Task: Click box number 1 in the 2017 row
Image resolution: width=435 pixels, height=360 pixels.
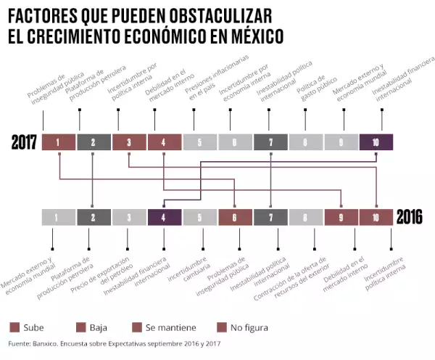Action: pos(58,142)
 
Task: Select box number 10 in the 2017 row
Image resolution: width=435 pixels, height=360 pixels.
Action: pos(376,142)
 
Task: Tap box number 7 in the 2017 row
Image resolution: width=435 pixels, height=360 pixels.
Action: pos(270,142)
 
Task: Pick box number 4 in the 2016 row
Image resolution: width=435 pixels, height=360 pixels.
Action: pos(165,216)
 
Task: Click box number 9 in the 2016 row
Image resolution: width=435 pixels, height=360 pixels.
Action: pos(341,216)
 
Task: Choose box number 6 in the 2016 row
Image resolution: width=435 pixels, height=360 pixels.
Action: pos(235,216)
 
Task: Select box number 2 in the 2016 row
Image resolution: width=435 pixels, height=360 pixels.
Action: pos(94,216)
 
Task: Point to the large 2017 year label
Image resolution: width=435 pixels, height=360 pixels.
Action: pos(24,142)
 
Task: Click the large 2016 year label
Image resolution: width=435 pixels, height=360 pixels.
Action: pos(410,216)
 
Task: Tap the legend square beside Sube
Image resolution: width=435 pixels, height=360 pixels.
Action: pos(14,327)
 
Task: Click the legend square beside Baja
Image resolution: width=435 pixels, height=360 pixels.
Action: pos(81,327)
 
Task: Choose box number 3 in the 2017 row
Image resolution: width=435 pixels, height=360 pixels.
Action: pos(128,142)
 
